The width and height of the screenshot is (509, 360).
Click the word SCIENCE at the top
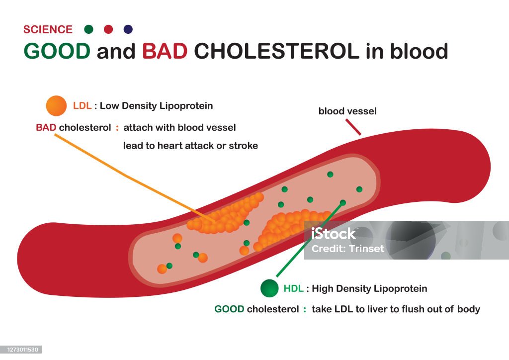(48, 29)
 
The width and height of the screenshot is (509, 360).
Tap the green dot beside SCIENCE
(89, 29)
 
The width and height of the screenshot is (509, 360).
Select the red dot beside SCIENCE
(108, 29)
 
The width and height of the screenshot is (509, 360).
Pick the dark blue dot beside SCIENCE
(128, 29)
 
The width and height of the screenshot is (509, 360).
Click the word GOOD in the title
(57, 51)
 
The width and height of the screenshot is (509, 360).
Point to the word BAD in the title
(165, 51)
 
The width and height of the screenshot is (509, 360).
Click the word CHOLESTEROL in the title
(276, 51)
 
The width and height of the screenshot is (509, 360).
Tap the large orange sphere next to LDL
(56, 106)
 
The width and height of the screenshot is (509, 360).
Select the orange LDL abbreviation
(83, 106)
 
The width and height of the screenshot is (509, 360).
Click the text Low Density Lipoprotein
(157, 106)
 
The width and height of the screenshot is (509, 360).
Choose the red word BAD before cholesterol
(46, 128)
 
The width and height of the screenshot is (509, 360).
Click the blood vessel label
(347, 111)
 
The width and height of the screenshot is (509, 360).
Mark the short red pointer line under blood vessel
(353, 128)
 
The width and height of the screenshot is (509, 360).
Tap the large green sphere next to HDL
(269, 288)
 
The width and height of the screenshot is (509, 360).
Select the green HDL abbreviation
(293, 288)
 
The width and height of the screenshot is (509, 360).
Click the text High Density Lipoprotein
(369, 288)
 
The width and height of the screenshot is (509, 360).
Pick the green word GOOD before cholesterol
(229, 309)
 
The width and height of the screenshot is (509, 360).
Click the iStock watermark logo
(334, 234)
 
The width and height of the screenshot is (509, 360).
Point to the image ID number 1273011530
(21, 350)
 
